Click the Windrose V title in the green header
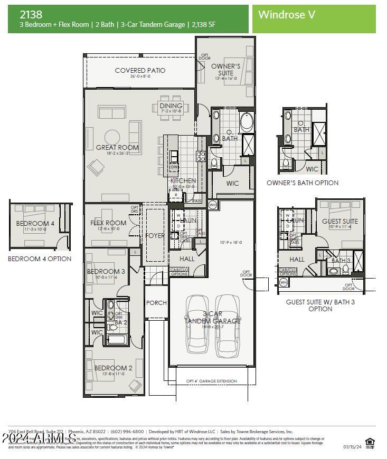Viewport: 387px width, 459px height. (x=287, y=15)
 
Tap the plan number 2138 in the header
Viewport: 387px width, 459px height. (x=31, y=14)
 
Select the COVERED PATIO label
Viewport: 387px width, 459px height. (x=140, y=70)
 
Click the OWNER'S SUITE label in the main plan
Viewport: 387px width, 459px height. (x=226, y=70)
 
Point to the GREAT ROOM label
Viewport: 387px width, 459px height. (x=117, y=148)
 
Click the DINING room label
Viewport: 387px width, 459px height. (x=171, y=106)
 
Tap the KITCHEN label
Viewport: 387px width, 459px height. (x=183, y=181)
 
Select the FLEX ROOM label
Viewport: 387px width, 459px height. (x=108, y=223)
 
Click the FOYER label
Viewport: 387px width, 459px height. (x=155, y=236)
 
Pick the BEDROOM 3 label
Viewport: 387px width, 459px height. (x=106, y=272)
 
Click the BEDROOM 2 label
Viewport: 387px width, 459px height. (x=113, y=368)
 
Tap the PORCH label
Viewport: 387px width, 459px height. (x=156, y=303)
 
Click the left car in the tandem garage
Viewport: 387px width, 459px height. (x=197, y=324)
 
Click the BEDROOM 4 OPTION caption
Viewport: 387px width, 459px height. (x=40, y=259)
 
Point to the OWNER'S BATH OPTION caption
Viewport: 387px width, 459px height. (x=303, y=183)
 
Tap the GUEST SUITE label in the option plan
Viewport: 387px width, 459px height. (x=339, y=222)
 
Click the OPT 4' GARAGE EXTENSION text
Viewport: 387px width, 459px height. (x=212, y=381)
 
